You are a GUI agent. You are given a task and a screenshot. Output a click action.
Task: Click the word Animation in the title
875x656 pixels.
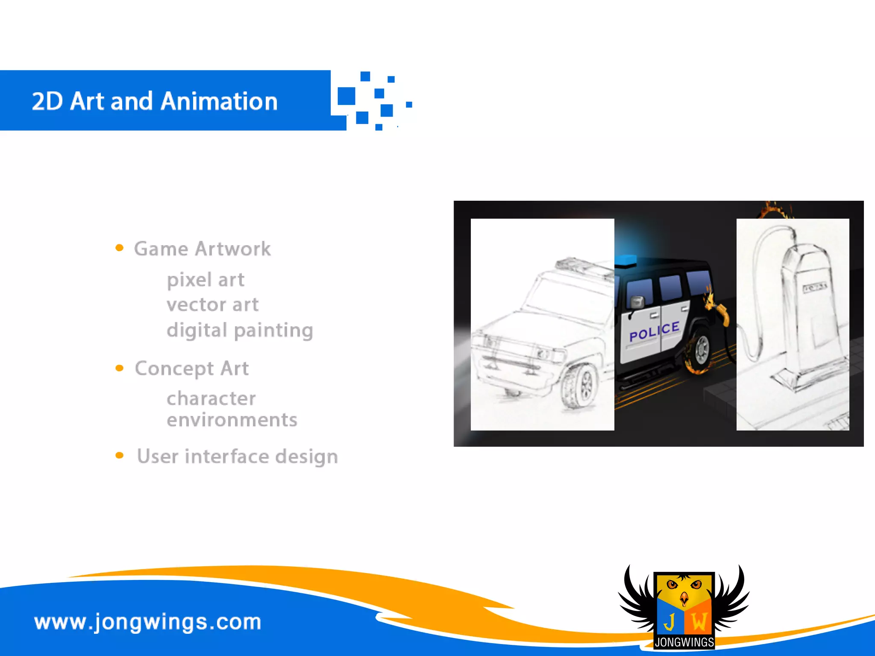220,102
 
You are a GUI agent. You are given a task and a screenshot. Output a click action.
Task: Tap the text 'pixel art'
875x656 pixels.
206,280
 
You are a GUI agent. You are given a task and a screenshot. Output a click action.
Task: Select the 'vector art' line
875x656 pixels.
213,305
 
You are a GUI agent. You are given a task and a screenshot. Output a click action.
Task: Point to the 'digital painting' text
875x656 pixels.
240,330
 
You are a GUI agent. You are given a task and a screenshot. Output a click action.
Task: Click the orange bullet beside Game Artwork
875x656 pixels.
120,248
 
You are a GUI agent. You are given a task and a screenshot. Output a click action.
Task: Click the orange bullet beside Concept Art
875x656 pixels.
120,368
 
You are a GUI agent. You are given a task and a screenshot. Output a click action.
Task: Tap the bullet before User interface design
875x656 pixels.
120,456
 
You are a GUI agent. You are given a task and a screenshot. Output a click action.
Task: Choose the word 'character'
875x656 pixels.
211,398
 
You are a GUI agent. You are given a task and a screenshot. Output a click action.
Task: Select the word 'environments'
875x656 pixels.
232,420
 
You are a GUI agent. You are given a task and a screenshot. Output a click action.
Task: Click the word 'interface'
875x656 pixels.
227,456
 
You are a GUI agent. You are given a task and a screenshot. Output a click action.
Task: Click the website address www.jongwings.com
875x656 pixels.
148,622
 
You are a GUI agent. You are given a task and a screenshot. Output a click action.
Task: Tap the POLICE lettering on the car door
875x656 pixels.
654,331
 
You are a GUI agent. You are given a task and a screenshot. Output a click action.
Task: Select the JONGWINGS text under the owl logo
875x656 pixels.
684,642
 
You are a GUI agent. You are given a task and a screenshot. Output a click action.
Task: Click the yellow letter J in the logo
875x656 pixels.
669,621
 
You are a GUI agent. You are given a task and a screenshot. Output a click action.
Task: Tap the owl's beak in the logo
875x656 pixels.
684,598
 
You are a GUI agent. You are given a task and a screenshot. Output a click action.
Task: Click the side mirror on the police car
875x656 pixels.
637,302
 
